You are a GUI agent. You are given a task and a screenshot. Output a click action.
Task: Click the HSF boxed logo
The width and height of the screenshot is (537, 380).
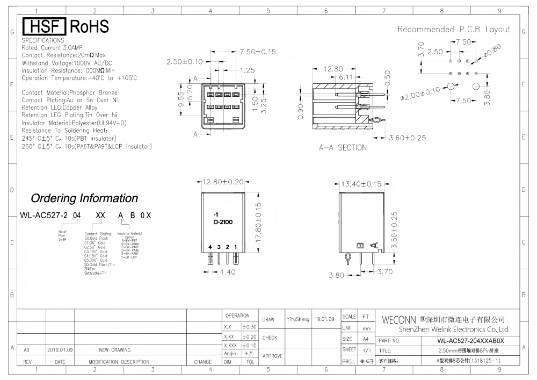coord(44,27)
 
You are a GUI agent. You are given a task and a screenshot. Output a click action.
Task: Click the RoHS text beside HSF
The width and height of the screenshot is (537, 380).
coord(89,27)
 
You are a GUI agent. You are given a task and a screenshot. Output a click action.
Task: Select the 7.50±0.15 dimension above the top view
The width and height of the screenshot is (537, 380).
coord(257,52)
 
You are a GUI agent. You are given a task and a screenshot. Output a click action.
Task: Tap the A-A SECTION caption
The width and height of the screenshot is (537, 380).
coord(343,147)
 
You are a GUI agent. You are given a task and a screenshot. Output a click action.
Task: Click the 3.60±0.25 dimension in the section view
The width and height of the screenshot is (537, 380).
coord(407,138)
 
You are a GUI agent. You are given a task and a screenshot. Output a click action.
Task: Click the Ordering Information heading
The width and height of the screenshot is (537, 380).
coord(84,198)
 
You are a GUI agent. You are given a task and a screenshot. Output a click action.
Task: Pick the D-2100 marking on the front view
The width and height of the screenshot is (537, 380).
coord(223,221)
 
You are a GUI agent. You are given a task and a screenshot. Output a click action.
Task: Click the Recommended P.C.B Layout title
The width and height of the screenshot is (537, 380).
coord(454,29)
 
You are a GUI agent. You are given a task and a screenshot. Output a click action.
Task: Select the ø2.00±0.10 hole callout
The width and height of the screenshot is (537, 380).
coord(420,92)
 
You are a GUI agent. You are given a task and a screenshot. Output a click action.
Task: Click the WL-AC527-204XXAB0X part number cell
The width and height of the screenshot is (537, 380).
coord(470,341)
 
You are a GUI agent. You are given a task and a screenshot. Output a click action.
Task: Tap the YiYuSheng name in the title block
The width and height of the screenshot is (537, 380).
coord(298,319)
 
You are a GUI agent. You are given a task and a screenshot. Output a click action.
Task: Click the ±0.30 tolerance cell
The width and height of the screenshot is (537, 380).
coord(249,327)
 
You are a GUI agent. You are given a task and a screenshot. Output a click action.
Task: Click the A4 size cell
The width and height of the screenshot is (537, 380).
coord(365,339)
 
